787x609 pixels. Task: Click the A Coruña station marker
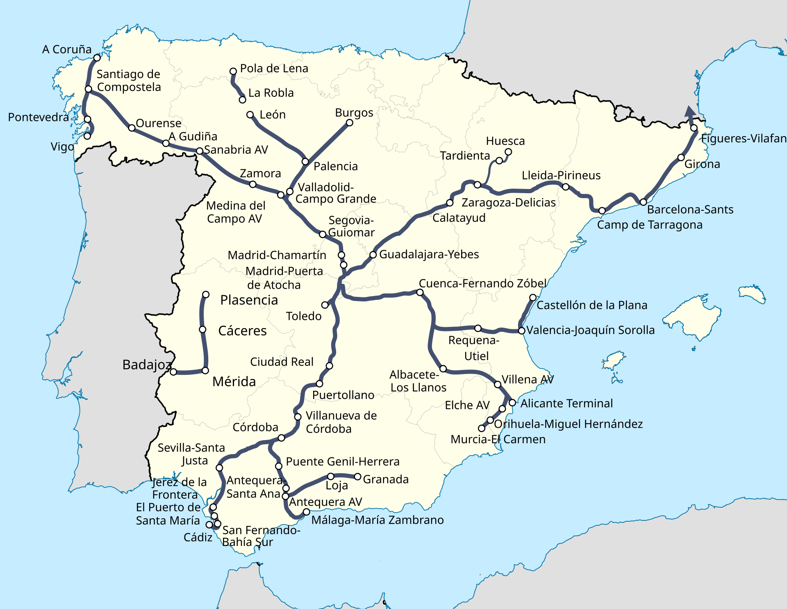tap(97, 58)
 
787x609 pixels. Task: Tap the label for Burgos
tap(354, 113)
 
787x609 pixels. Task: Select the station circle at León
tap(250, 115)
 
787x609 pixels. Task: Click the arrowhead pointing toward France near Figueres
tap(690, 112)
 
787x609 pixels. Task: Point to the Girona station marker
tap(681, 157)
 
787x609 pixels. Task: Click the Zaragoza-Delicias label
tap(508, 203)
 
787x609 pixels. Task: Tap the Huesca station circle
tap(508, 152)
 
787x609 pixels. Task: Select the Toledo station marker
tap(325, 305)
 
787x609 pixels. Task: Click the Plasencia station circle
tap(206, 294)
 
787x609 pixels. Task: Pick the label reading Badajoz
tap(147, 365)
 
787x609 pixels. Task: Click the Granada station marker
tap(357, 477)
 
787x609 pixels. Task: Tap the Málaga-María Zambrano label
tap(377, 520)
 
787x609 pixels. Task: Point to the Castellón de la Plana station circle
tap(533, 297)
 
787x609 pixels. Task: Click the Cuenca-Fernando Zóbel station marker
tap(420, 292)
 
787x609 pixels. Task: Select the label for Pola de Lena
tap(274, 68)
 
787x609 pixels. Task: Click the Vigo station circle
tap(87, 136)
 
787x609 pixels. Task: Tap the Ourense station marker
tap(132, 128)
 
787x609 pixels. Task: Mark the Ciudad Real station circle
tap(329, 366)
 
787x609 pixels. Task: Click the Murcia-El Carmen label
tap(498, 439)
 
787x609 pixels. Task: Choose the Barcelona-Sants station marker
tap(643, 202)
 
